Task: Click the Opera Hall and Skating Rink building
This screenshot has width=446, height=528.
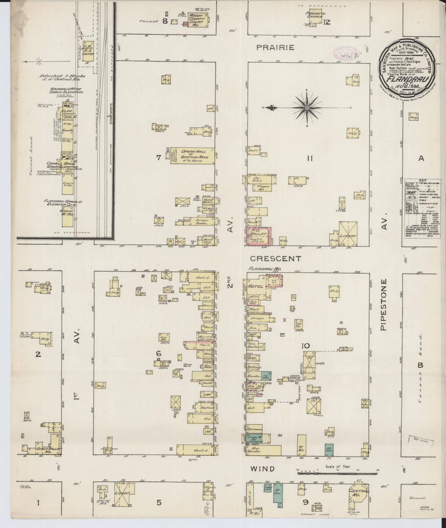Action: pos(192,156)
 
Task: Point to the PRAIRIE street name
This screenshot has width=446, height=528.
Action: pos(276,47)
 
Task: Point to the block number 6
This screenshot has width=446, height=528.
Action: pos(158,354)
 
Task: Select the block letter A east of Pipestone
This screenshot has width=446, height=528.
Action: pos(421,158)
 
